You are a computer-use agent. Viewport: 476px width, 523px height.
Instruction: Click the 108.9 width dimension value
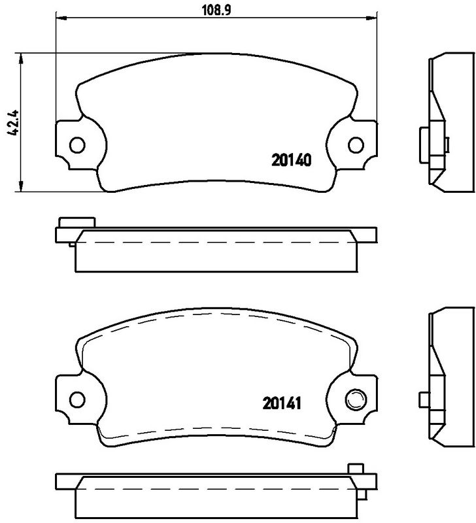coord(216,10)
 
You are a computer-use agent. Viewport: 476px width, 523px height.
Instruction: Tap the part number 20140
coord(292,160)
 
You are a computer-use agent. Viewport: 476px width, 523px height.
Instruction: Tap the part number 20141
coord(282,403)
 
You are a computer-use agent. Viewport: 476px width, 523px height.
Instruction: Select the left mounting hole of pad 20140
coord(77,144)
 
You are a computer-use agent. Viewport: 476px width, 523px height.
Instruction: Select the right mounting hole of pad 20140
coord(356,144)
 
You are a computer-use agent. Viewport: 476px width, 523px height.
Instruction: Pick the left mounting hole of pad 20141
coord(77,399)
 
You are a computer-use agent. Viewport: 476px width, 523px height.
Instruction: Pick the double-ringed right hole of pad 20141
coord(356,399)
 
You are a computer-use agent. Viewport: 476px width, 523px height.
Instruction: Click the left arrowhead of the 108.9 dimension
coord(61,18)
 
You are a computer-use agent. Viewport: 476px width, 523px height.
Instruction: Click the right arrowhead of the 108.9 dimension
coord(371,18)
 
